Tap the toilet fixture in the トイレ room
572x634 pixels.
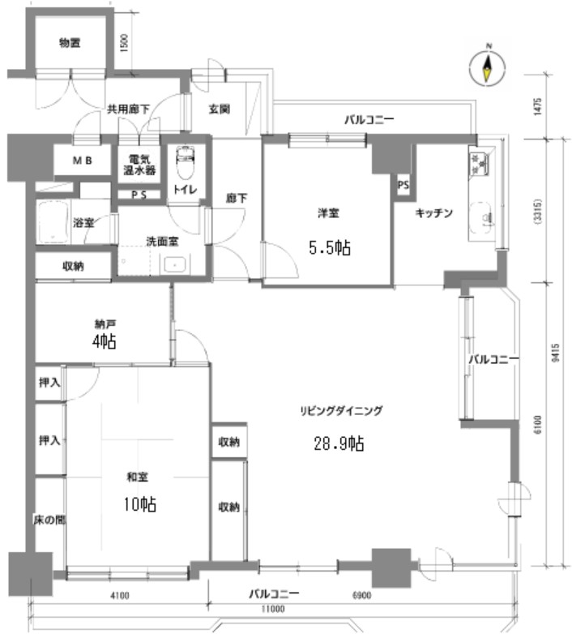186,161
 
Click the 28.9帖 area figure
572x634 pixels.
339,443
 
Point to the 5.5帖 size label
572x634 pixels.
330,247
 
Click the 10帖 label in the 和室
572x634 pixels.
140,504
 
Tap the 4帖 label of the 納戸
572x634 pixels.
105,341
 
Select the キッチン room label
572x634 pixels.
434,213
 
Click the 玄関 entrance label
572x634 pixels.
220,109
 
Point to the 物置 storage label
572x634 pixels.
70,42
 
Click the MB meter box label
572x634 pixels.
83,161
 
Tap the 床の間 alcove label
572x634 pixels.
49,520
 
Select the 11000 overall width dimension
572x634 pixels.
273,609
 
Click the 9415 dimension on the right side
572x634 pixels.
556,353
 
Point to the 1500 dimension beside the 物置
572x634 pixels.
124,42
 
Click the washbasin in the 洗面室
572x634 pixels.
174,265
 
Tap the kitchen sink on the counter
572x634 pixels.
481,218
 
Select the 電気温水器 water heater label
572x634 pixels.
139,165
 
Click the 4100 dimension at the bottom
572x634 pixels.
120,595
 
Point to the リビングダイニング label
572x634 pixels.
341,411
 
